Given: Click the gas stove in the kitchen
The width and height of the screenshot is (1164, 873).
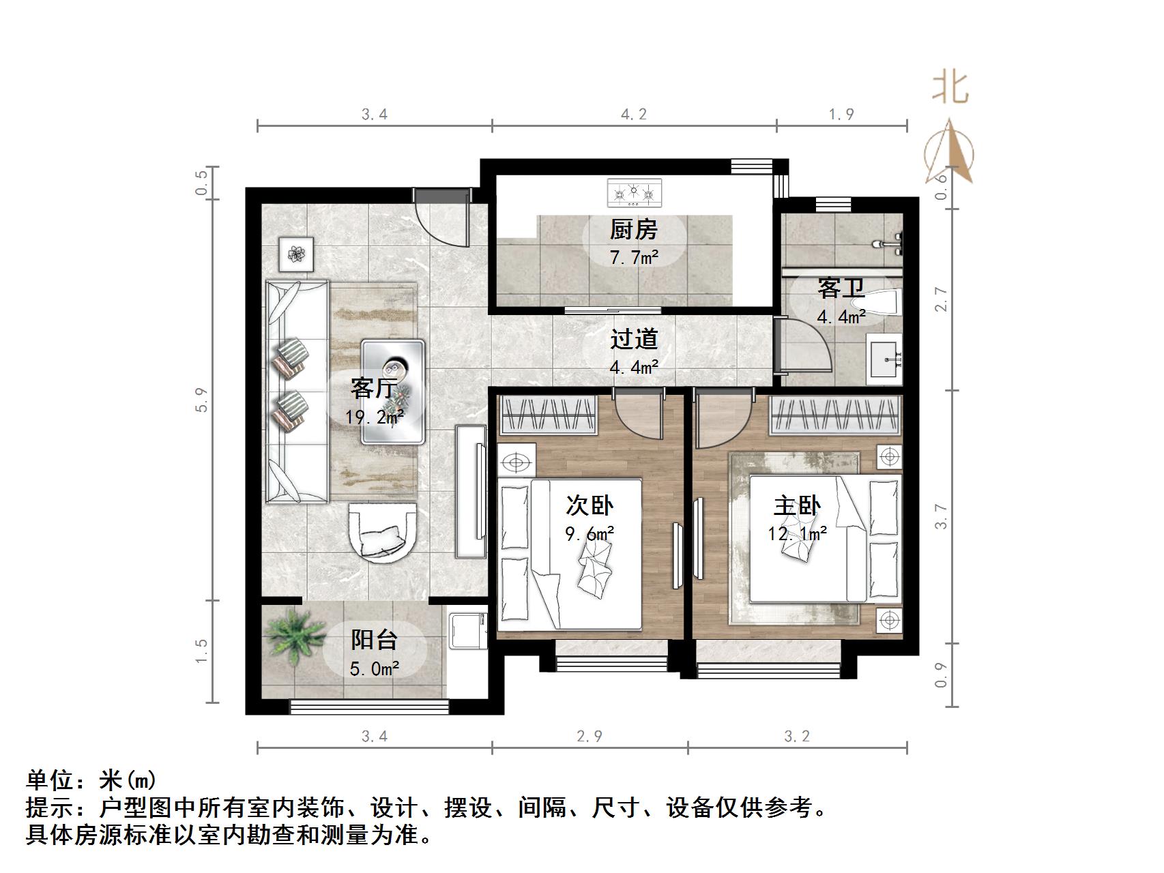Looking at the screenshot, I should [x=634, y=192].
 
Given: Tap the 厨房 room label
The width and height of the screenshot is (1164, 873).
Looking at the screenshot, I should [x=633, y=230].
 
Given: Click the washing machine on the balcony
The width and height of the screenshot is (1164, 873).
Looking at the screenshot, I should [x=467, y=632].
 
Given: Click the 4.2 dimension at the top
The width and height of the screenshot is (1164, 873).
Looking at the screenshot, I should [x=633, y=115].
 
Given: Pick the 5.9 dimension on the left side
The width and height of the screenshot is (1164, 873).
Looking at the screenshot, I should [x=201, y=400].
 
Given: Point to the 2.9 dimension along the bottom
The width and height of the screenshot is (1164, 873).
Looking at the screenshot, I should [x=590, y=736].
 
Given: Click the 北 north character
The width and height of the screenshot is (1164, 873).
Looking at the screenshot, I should [x=950, y=88].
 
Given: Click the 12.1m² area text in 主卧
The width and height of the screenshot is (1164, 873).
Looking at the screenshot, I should [x=797, y=533].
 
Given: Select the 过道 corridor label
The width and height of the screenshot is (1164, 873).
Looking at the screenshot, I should [x=634, y=339].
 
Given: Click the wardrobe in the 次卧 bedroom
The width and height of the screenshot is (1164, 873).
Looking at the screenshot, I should [x=549, y=415].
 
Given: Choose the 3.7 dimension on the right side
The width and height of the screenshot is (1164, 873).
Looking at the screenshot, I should [x=942, y=516].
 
